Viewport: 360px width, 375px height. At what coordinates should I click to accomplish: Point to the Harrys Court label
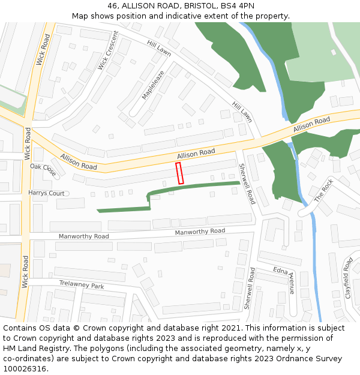[x=46, y=193]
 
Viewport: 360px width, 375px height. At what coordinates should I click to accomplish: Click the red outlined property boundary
[x=179, y=173]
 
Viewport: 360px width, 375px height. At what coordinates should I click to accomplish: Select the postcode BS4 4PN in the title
[x=238, y=6]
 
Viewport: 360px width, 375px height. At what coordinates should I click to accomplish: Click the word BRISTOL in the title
[x=201, y=6]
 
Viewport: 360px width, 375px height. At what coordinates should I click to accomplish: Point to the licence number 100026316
[x=25, y=369]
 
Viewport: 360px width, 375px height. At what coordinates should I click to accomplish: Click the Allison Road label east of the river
[x=311, y=125]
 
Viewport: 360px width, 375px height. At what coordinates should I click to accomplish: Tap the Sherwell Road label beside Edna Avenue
[x=250, y=288]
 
